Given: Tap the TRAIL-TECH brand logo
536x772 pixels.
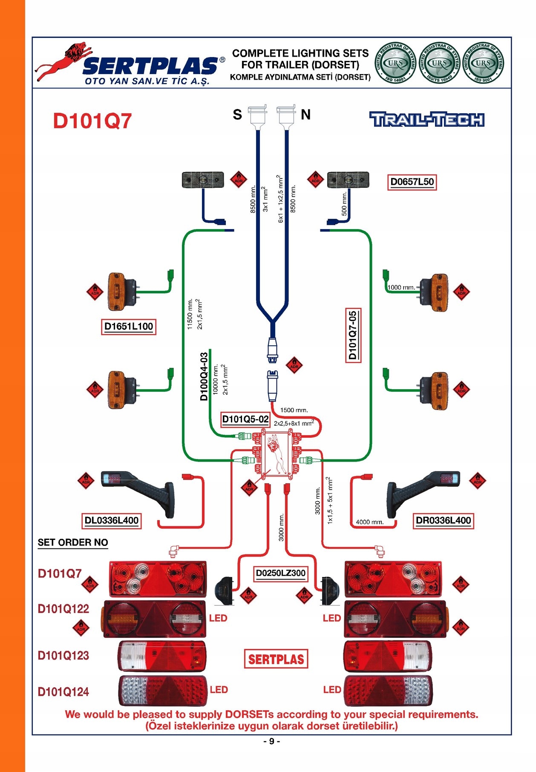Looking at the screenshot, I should pyautogui.click(x=426, y=120).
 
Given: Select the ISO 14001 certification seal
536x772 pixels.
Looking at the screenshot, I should pyautogui.click(x=395, y=63).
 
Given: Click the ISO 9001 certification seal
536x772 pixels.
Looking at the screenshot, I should pyautogui.click(x=483, y=63).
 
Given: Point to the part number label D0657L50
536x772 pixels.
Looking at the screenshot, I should pyautogui.click(x=412, y=182).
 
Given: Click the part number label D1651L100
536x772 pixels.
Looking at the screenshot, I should pyautogui.click(x=128, y=327).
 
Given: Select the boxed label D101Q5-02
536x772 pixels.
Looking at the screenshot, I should pyautogui.click(x=245, y=419).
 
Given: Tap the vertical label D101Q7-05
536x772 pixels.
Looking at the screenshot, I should pyautogui.click(x=353, y=335).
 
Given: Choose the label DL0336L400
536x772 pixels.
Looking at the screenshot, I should pyautogui.click(x=111, y=520).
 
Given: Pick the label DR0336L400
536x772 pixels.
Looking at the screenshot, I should pyautogui.click(x=443, y=520).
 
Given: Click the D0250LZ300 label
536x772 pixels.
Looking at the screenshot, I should pyautogui.click(x=280, y=573).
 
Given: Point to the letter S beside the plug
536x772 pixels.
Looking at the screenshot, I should pyautogui.click(x=237, y=115).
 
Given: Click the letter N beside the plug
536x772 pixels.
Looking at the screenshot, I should pyautogui.click(x=305, y=115).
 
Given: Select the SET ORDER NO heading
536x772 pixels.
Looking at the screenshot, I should pyautogui.click(x=73, y=542).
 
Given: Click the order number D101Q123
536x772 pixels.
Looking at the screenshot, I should pyautogui.click(x=63, y=655).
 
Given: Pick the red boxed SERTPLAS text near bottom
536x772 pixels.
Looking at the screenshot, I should pyautogui.click(x=276, y=659).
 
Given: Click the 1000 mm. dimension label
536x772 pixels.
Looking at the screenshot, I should pyautogui.click(x=401, y=287).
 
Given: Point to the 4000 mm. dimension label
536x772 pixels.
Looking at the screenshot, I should pyautogui.click(x=369, y=522).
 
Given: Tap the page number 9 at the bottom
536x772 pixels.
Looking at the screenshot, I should pyautogui.click(x=271, y=741).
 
